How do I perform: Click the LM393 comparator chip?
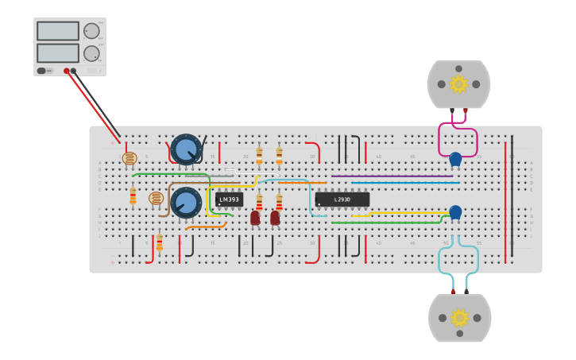point(229,199)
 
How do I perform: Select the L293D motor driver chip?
point(342,199)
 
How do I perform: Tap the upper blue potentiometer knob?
point(187,149)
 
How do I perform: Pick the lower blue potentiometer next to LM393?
point(187,203)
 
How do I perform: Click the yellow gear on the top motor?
point(458,83)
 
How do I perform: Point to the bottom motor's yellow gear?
point(459,317)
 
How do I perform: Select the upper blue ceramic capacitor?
point(455,159)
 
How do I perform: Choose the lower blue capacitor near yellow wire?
point(455,212)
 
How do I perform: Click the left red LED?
point(255,218)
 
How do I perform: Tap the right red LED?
point(275,218)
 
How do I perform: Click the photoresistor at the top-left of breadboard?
point(130,158)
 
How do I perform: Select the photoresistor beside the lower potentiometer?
point(156,198)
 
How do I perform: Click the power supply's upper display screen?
point(58,31)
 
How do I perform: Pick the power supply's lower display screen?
point(58,53)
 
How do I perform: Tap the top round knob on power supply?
point(92,31)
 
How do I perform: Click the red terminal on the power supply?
point(67,71)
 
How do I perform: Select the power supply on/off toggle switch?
point(42,71)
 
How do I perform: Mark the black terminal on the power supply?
point(74,71)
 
